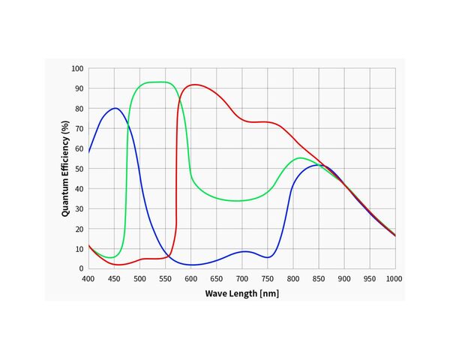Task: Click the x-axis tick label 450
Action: [x=114, y=279]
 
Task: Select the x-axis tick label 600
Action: [x=190, y=279]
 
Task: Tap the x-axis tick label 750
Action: [x=268, y=279]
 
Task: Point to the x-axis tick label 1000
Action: [x=394, y=279]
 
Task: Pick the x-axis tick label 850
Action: [x=319, y=279]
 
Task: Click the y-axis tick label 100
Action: [x=77, y=68]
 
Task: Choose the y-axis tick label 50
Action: [x=79, y=169]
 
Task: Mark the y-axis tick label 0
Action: [x=82, y=268]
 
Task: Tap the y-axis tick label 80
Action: [x=79, y=109]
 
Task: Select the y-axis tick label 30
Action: [x=79, y=209]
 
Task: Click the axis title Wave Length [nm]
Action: [x=242, y=294]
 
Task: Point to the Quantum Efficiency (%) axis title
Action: [x=65, y=169]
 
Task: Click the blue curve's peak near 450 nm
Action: [x=115, y=108]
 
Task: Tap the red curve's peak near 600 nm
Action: [x=195, y=85]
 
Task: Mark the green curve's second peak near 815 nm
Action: [x=300, y=158]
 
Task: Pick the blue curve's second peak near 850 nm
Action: [x=319, y=165]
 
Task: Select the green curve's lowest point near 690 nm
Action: [x=236, y=201]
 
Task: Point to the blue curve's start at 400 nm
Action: [x=88, y=152]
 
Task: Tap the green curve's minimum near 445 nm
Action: [x=110, y=257]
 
